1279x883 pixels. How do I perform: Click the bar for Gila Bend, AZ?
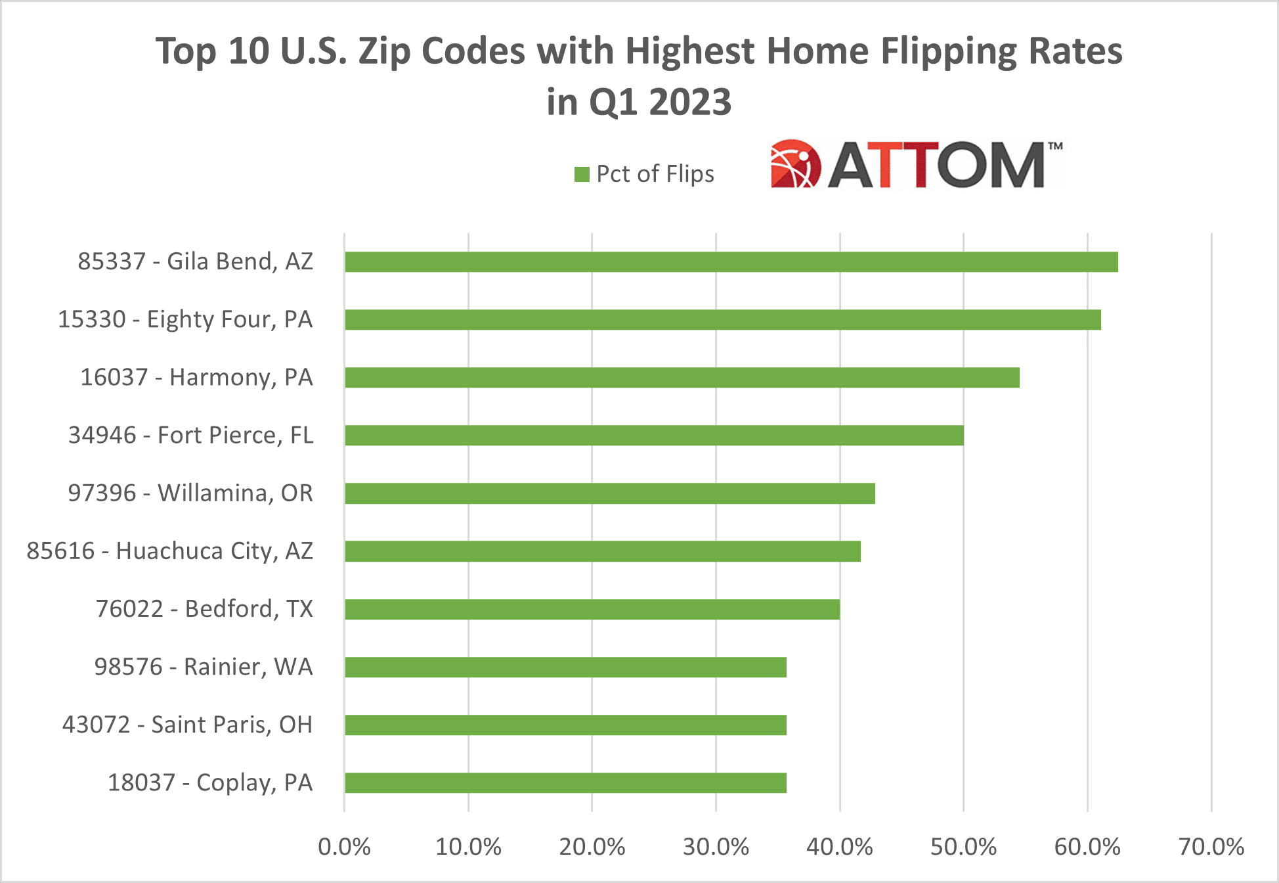(x=731, y=262)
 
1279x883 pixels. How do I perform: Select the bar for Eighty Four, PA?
(x=722, y=320)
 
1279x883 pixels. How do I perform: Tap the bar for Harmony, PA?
(x=682, y=378)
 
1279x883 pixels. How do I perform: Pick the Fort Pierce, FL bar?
(x=654, y=436)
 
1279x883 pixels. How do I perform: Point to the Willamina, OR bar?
(x=609, y=493)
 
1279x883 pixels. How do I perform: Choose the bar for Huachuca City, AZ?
(x=602, y=551)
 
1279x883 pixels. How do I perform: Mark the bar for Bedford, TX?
(x=592, y=610)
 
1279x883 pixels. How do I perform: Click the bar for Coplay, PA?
(x=565, y=783)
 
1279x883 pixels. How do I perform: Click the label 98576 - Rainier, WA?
(x=204, y=667)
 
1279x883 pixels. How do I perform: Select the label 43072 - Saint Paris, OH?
(x=187, y=725)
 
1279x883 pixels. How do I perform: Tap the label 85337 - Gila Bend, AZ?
(x=195, y=261)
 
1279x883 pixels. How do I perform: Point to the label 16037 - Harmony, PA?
(x=196, y=378)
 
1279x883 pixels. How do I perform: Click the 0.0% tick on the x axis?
(x=344, y=847)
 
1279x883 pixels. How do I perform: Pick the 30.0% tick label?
(x=716, y=847)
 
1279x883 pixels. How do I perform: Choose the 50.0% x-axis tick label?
(x=963, y=847)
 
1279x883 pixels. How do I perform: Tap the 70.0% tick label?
(x=1211, y=847)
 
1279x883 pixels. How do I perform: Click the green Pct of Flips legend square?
(x=582, y=174)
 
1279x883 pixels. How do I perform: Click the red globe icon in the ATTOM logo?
(x=794, y=164)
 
